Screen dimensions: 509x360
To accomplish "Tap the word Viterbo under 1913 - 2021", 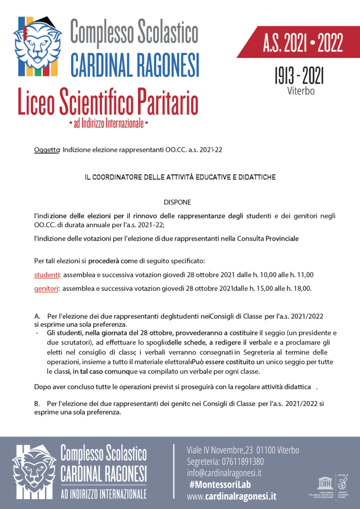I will [301, 91].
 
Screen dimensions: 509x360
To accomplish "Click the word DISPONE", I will [177, 202].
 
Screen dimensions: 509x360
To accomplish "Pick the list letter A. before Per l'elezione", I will [37, 316].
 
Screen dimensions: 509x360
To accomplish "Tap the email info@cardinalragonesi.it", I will [224, 473].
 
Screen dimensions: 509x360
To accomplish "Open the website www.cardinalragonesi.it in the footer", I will [232, 496].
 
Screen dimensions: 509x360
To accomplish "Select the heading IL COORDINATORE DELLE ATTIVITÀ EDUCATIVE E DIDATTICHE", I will [180, 176].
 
